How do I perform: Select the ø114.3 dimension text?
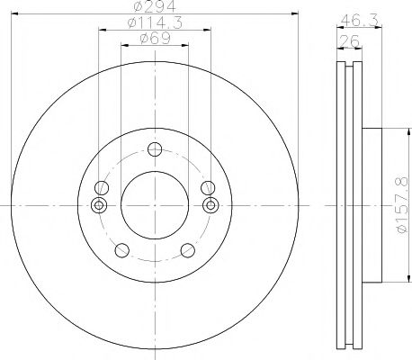click(x=153, y=22)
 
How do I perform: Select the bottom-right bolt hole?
click(x=186, y=250)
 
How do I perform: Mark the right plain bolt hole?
click(x=209, y=187)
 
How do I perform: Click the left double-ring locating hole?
click(x=99, y=206)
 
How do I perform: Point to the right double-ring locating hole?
click(x=210, y=206)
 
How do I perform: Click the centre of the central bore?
click(x=155, y=206)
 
